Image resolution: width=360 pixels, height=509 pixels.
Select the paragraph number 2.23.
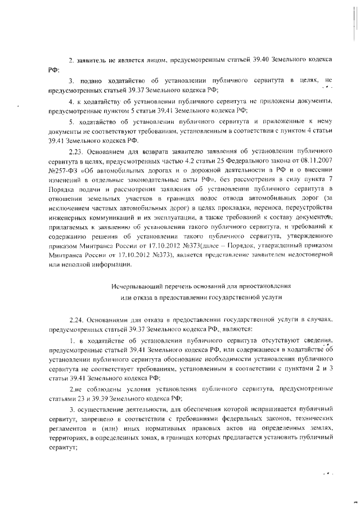(76, 151)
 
